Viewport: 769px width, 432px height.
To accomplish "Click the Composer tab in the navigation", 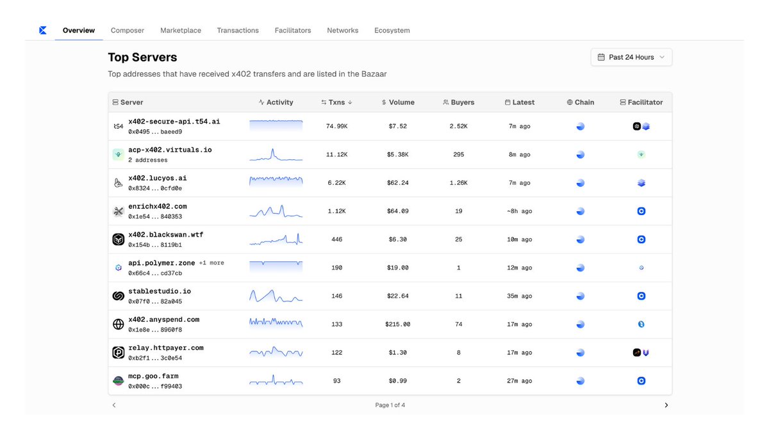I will point(128,30).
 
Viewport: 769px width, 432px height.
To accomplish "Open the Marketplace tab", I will point(181,30).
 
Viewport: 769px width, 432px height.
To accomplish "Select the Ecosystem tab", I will point(392,30).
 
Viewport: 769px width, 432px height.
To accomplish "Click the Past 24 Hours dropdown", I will point(631,57).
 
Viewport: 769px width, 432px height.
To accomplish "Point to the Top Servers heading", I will point(142,57).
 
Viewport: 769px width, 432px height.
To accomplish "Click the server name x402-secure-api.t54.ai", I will point(174,122).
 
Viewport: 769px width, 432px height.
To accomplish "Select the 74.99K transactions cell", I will point(336,126).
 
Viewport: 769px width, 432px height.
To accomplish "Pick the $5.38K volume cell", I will point(397,154).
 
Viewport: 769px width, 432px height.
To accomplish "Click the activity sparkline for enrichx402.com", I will point(276,211).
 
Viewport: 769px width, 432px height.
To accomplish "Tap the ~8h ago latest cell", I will point(519,211).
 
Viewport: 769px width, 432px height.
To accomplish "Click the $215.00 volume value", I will point(397,324).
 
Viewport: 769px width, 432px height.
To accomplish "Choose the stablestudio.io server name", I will point(160,291).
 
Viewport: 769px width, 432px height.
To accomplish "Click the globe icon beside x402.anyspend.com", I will point(118,324).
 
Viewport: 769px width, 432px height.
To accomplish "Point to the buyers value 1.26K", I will point(458,183).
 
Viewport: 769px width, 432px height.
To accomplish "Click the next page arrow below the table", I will point(666,405).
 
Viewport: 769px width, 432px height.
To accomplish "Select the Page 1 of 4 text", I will point(390,405).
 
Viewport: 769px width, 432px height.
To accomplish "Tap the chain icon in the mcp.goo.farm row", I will point(580,381).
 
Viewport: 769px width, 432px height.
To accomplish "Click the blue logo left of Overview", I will point(43,30).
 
